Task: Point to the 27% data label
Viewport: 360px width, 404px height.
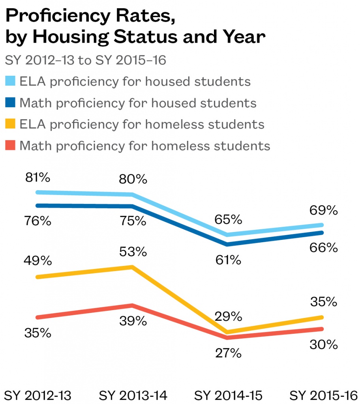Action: (228, 353)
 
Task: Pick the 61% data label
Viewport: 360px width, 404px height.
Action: (228, 260)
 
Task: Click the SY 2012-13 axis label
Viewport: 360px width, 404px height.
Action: (37, 395)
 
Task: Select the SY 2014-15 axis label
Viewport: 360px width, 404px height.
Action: (229, 395)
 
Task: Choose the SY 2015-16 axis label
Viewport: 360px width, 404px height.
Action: (324, 395)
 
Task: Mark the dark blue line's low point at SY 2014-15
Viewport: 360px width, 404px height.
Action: (228, 245)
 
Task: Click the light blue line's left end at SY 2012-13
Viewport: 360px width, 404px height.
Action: (37, 192)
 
